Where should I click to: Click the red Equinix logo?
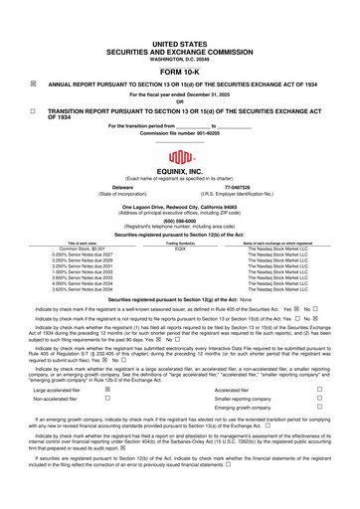[179, 158]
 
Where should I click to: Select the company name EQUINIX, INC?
[179, 174]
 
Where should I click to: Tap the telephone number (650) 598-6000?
[179, 222]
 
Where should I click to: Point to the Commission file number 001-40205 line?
[179, 133]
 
